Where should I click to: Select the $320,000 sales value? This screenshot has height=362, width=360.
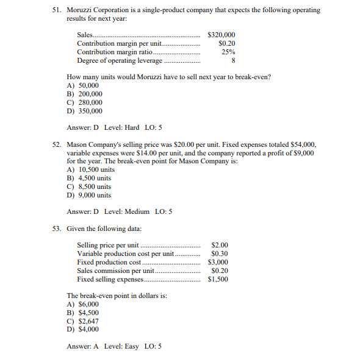pyautogui.click(x=221, y=35)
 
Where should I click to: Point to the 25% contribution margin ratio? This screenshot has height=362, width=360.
pyautogui.click(x=228, y=52)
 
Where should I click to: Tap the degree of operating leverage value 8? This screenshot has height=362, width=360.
pyautogui.click(x=233, y=60)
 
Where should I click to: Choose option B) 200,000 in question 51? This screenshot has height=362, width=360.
pyautogui.click(x=85, y=94)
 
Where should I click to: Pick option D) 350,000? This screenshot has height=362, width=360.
pyautogui.click(x=85, y=111)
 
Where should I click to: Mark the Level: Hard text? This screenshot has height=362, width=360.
pyautogui.click(x=122, y=127)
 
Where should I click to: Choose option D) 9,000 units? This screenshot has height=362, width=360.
pyautogui.click(x=89, y=195)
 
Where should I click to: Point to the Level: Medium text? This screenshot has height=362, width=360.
pyautogui.click(x=127, y=211)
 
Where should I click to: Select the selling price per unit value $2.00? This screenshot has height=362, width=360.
pyautogui.click(x=220, y=245)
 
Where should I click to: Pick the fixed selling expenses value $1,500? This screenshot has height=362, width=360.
pyautogui.click(x=218, y=279)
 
